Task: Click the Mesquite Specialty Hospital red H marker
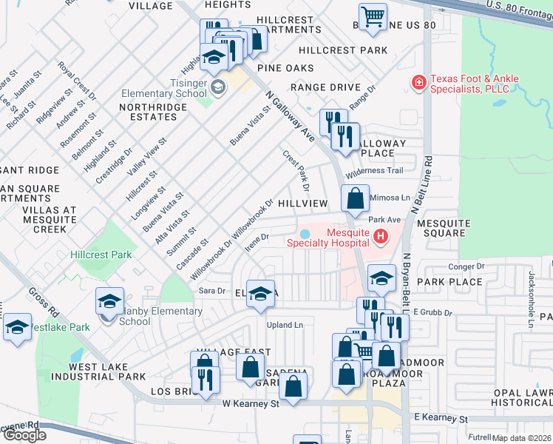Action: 380,237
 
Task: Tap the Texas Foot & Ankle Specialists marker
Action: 418,81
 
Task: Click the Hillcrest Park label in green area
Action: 101,255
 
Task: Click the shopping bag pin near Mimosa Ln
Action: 355,198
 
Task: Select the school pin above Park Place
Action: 381,278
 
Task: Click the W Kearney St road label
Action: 250,404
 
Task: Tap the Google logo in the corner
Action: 24,434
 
